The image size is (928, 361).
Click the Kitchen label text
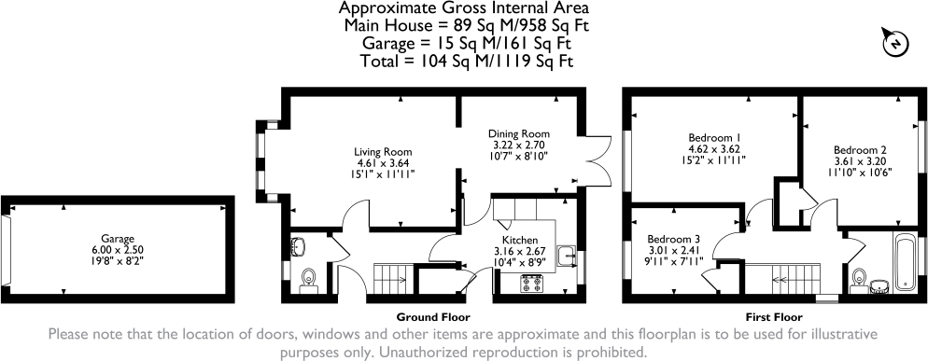[518, 241]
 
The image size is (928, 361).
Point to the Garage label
[118, 238]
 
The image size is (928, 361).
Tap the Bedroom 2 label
[859, 149]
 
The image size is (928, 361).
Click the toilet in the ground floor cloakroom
[311, 279]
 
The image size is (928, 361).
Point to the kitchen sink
[566, 255]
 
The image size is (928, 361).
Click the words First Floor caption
[770, 315]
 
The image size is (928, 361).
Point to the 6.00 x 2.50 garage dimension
[118, 250]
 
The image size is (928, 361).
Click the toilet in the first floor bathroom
[861, 277]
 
